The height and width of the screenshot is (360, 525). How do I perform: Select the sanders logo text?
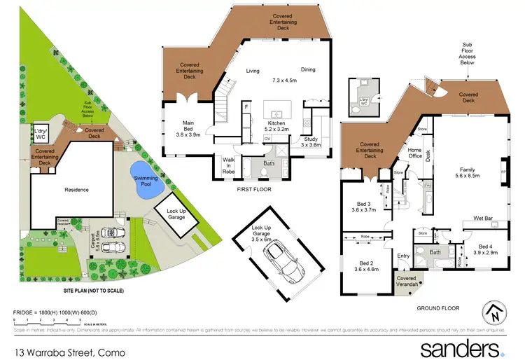(458, 348)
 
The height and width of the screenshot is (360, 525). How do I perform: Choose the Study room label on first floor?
(311, 142)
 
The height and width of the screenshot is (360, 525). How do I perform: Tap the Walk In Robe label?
(228, 165)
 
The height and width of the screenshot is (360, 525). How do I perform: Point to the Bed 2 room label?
(367, 265)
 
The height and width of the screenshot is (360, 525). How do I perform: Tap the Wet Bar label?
(483, 219)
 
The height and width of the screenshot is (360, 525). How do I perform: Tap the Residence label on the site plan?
(72, 189)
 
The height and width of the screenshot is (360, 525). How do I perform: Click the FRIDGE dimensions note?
(58, 310)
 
